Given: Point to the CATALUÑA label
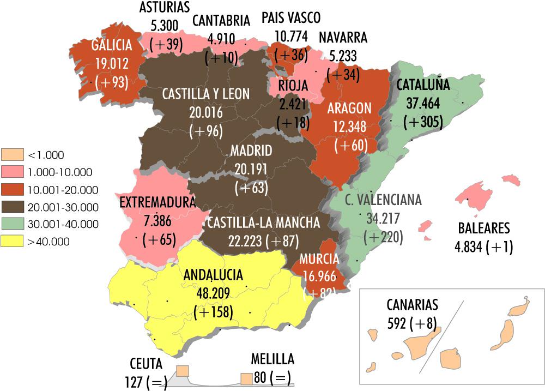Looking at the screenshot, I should tap(422, 85).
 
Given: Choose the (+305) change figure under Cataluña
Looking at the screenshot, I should tap(423, 122).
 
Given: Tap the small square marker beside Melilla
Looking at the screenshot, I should tap(247, 378).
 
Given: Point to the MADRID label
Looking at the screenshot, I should tap(251, 150).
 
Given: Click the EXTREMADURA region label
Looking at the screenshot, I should tap(157, 203).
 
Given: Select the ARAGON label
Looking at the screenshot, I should tap(349, 109).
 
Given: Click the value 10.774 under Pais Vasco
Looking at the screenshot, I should tap(291, 37).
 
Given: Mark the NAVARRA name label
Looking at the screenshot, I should tap(343, 38).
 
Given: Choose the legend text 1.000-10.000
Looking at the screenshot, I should tap(59, 172).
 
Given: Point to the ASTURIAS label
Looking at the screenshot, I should tap(164, 8).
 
